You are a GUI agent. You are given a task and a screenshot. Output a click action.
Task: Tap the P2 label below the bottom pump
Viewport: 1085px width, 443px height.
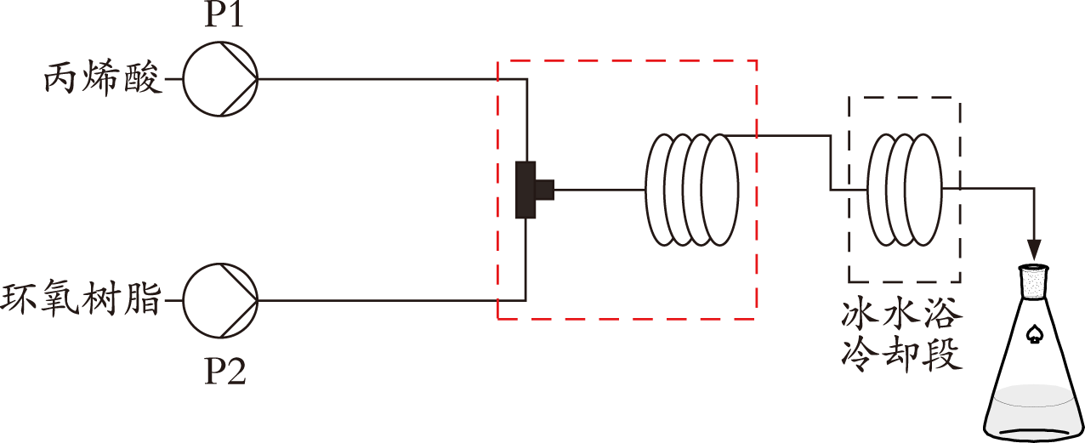pos(225,372)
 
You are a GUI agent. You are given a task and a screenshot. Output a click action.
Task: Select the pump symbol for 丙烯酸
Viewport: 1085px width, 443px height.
pos(220,79)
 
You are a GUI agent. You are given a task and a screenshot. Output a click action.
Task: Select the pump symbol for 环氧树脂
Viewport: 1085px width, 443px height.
pos(220,301)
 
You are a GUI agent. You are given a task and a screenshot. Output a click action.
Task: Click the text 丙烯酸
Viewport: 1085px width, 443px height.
pos(103,78)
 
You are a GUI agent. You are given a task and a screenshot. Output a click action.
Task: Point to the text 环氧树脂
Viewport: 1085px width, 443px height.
pos(81,300)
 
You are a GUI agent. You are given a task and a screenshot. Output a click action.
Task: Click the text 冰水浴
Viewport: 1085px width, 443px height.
pos(901,315)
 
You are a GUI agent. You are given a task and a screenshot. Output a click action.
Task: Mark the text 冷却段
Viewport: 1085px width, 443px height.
pos(901,355)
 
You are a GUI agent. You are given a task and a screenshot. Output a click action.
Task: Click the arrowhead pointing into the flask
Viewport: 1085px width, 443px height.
pos(1034,250)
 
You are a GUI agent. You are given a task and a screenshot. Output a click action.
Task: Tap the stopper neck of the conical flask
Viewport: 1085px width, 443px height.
pos(1034,281)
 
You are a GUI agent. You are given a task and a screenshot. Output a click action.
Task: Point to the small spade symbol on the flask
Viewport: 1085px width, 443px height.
pos(1035,335)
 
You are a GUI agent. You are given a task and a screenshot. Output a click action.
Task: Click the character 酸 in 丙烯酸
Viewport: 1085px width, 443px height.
pos(142,78)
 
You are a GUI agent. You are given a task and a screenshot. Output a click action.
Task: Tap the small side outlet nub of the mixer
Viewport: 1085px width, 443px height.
pos(545,190)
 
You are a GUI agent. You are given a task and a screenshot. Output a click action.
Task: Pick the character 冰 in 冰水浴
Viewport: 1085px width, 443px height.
pos(860,315)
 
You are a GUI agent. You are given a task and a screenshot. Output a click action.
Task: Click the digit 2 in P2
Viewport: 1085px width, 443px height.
pos(236,372)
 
